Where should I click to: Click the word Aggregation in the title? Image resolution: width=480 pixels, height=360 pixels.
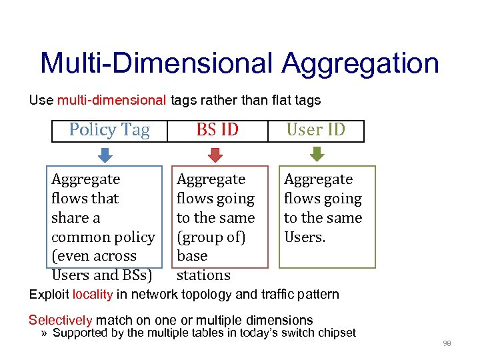point(360,64)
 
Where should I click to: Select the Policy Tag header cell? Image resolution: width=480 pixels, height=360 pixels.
point(109,130)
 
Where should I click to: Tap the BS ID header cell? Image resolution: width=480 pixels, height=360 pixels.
point(217,130)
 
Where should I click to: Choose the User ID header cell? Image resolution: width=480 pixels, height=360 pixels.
point(315,130)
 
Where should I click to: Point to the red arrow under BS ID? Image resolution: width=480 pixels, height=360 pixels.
point(215,155)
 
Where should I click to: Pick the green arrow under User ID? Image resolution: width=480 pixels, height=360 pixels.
point(317,155)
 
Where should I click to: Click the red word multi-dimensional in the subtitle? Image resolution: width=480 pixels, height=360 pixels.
point(111,101)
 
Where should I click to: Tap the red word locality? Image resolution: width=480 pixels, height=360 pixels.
point(93,294)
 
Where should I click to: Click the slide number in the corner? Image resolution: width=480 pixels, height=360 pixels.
point(447,343)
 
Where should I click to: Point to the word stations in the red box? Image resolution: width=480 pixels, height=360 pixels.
point(203,275)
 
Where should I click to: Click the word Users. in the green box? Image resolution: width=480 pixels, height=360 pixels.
point(305,237)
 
